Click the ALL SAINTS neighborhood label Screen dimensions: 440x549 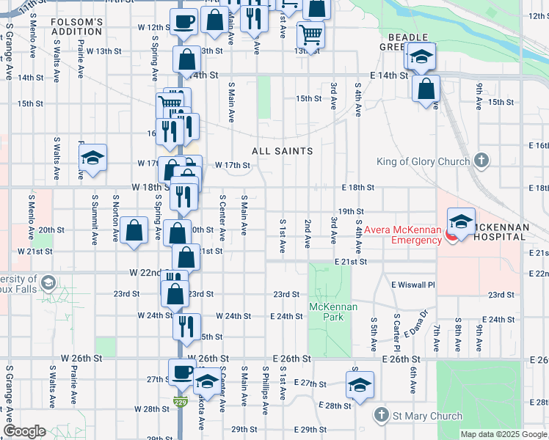[x=283, y=151]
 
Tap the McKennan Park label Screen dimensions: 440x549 [x=332, y=312]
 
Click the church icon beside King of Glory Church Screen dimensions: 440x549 [x=481, y=161]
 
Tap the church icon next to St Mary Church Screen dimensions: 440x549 [x=380, y=416]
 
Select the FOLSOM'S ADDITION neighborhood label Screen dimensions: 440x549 [x=76, y=27]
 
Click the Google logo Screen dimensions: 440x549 [x=25, y=431]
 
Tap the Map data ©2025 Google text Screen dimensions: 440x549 [x=503, y=434]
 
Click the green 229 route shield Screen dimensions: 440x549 [x=181, y=402]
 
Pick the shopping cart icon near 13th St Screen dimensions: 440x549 [x=310, y=34]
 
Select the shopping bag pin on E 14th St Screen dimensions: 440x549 [x=426, y=89]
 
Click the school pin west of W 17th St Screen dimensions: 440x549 [x=92, y=158]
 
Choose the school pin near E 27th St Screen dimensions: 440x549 [x=360, y=386]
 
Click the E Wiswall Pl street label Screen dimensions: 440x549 [x=413, y=285]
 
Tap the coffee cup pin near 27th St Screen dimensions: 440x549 [x=182, y=372]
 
